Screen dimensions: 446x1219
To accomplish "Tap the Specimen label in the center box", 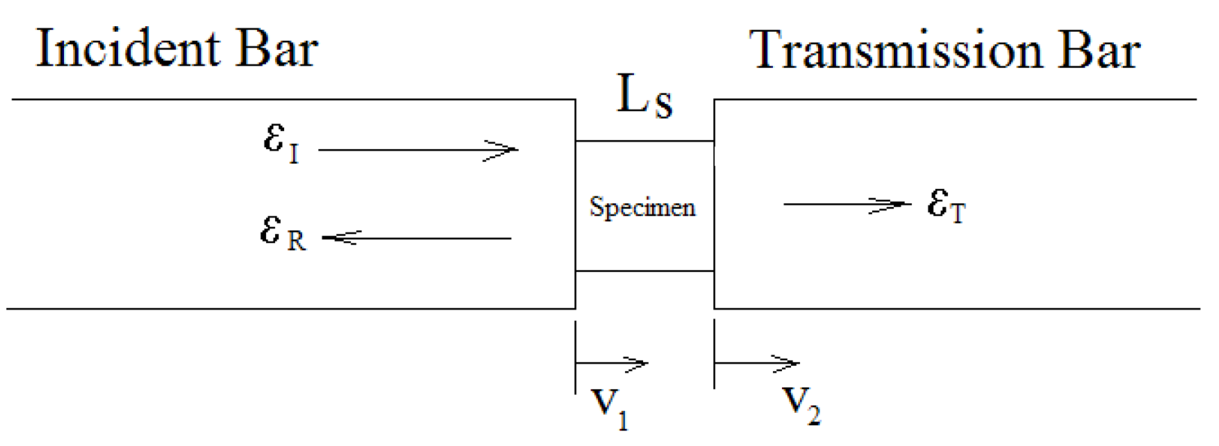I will (642, 207).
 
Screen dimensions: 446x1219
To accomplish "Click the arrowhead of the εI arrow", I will (509, 150).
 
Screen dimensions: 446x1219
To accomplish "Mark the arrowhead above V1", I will (639, 363).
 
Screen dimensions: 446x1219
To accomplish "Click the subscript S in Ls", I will (663, 105).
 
